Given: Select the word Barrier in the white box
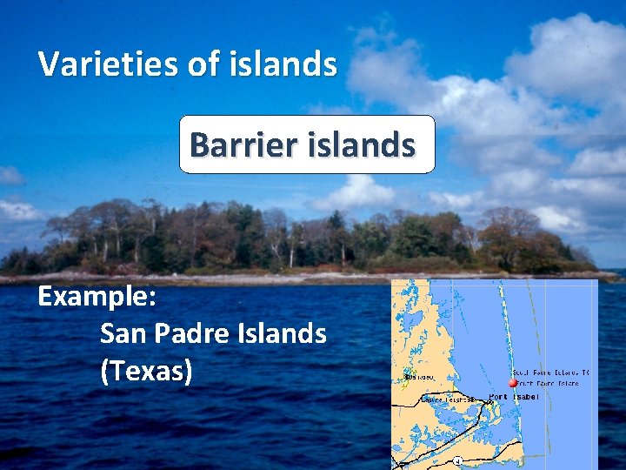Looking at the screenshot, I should [238, 144].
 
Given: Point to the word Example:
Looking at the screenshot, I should [97, 296].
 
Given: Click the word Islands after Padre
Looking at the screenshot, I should [281, 333].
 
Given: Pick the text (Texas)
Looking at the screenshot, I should [146, 371].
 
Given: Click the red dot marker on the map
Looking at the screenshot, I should [513, 382].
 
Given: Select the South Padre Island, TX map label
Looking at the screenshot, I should [549, 373].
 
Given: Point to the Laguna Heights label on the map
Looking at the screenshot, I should [448, 399].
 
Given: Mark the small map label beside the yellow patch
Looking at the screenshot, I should [421, 377].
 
